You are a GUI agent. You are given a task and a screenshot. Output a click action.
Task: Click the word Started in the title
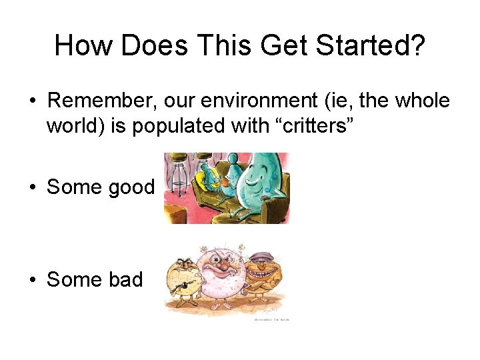pyautogui.click(x=364, y=45)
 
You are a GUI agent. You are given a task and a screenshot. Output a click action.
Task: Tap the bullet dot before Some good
pyautogui.click(x=32, y=187)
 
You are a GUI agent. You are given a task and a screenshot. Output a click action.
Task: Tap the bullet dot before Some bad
pyautogui.click(x=32, y=279)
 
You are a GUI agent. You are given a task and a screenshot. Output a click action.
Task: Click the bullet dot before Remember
pyautogui.click(x=32, y=101)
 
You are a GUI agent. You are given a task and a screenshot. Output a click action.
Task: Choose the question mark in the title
pyautogui.click(x=418, y=45)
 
